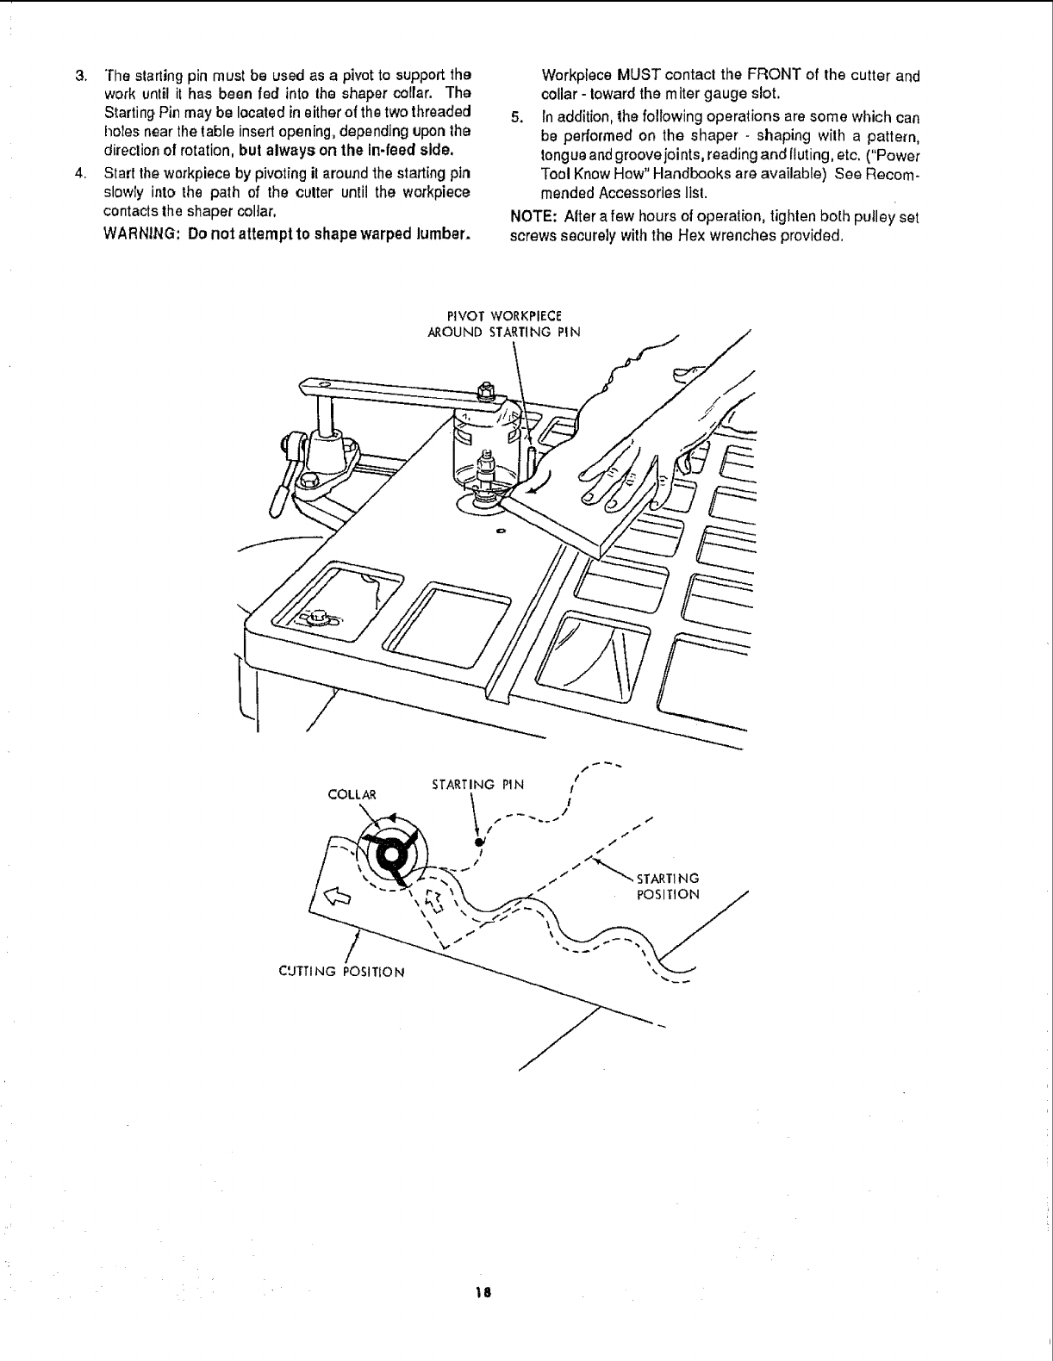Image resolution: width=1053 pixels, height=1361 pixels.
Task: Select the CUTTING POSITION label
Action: point(342,972)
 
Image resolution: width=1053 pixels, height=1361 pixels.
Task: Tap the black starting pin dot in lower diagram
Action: point(478,842)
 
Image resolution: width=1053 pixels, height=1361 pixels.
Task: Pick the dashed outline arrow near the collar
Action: point(435,902)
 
